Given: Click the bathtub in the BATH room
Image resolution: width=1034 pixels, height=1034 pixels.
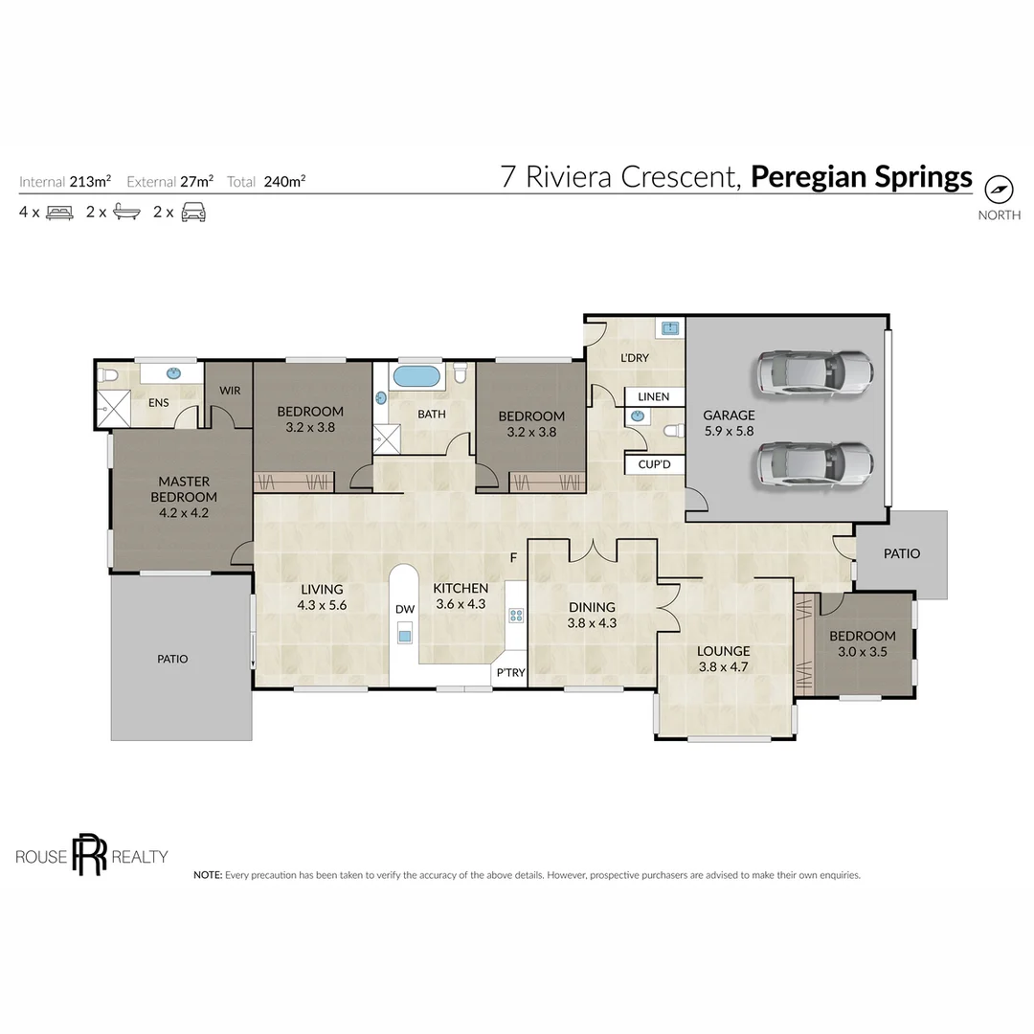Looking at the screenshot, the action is point(416,376).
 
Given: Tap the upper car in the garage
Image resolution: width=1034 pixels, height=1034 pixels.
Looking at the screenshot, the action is point(815,374).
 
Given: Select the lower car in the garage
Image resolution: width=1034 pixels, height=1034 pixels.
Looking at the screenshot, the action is point(815,465).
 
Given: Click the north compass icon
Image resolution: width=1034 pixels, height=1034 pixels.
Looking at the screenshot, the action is point(999,190).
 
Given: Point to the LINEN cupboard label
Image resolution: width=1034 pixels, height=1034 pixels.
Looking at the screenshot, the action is point(654,396).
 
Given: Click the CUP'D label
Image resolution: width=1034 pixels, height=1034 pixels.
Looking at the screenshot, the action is point(654,464).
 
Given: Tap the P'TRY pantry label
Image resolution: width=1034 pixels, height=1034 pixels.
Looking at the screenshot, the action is point(511,673).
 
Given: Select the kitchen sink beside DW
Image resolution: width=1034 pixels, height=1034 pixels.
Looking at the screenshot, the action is point(405,636).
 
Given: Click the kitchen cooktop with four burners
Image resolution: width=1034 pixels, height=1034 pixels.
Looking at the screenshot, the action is point(516,616).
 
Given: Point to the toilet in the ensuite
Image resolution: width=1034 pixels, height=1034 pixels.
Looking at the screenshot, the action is point(107,375).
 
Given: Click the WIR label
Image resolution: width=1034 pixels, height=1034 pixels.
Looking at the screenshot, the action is point(230,391).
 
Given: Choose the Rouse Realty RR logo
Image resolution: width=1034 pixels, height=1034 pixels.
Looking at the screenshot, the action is point(90,854).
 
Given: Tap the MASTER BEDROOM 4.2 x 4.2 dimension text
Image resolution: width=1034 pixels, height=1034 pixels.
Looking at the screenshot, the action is point(184,512).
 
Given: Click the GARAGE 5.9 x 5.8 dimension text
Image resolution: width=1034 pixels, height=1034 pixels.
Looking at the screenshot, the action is point(729,431).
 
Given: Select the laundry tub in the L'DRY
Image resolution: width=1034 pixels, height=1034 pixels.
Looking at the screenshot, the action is point(670,327).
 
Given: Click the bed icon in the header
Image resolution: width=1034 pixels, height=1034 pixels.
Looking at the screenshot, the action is point(59,213).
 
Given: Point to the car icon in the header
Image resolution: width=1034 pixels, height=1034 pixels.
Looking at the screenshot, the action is point(193,213).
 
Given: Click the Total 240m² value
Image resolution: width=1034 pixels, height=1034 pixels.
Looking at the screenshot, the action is point(285,181).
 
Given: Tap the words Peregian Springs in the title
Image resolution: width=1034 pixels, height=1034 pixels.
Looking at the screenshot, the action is point(862,177).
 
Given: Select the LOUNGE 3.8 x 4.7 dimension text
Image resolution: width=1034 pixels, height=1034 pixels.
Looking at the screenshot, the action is point(724,666).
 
